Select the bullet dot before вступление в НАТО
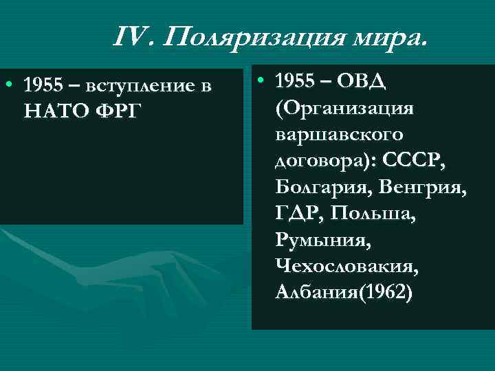[x=8, y=85]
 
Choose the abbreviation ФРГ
[x=124, y=110]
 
